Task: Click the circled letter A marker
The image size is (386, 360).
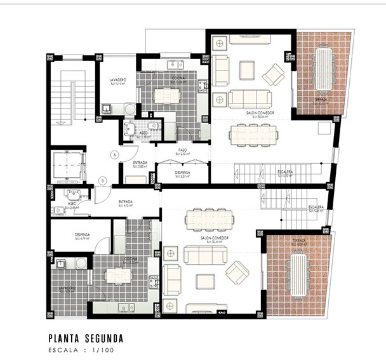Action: [x=114, y=154]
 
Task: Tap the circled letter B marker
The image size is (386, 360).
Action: [x=102, y=180]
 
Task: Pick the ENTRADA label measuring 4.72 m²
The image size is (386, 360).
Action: [x=126, y=203]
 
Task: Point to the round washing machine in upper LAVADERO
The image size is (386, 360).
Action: [x=130, y=109]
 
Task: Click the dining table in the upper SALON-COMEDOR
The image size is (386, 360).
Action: [x=252, y=135]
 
